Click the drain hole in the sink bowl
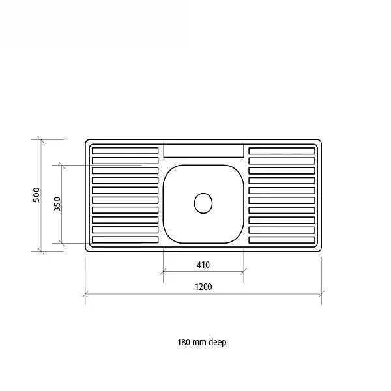(x=203, y=203)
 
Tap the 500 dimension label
(x=36, y=194)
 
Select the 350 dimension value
(x=57, y=203)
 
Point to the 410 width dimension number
(x=203, y=265)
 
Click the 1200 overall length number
(x=203, y=286)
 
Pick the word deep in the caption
(x=218, y=342)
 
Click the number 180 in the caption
(x=184, y=342)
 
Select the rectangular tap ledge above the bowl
(x=203, y=151)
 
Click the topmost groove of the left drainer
(x=125, y=151)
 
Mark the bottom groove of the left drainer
(x=125, y=240)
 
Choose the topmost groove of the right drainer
(x=282, y=151)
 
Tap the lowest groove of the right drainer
(x=282, y=240)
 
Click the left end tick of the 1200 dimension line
(x=85, y=294)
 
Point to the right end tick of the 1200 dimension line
(x=321, y=294)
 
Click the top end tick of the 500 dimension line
(x=41, y=139)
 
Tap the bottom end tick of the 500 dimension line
(x=41, y=250)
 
